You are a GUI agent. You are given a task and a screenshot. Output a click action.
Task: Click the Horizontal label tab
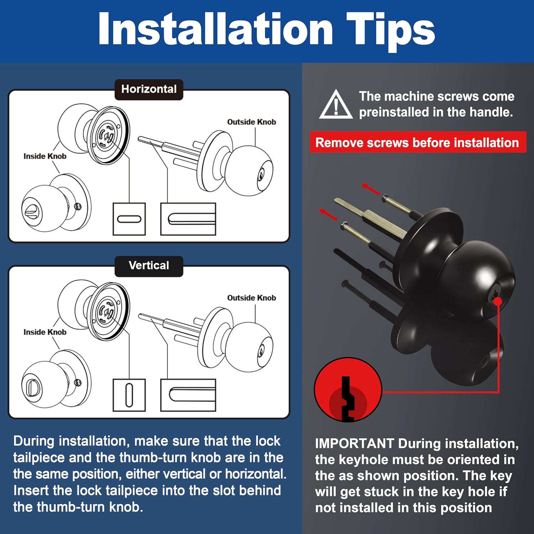149,89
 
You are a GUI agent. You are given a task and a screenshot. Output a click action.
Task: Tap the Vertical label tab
149,266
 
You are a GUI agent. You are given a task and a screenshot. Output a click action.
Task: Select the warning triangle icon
336,104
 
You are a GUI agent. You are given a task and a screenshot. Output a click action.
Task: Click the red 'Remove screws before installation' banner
418,142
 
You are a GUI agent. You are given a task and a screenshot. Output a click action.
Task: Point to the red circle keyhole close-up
348,390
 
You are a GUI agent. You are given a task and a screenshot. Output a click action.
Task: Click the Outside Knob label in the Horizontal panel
252,122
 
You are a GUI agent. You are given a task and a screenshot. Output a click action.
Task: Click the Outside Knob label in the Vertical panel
252,298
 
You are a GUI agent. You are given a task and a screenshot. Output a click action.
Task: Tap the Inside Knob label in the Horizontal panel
45,156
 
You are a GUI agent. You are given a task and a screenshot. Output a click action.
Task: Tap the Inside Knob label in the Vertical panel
45,332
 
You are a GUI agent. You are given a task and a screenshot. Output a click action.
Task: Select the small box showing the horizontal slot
129,219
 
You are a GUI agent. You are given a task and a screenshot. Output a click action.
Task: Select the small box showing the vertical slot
129,395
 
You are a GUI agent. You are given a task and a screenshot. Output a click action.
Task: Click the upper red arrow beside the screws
371,189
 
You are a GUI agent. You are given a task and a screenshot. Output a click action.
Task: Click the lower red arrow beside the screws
329,214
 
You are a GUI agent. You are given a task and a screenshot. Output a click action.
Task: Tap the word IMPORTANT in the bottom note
354,444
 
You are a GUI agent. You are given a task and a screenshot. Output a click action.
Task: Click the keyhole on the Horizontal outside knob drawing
261,174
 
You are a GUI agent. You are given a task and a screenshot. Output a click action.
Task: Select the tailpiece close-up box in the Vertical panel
188,395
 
